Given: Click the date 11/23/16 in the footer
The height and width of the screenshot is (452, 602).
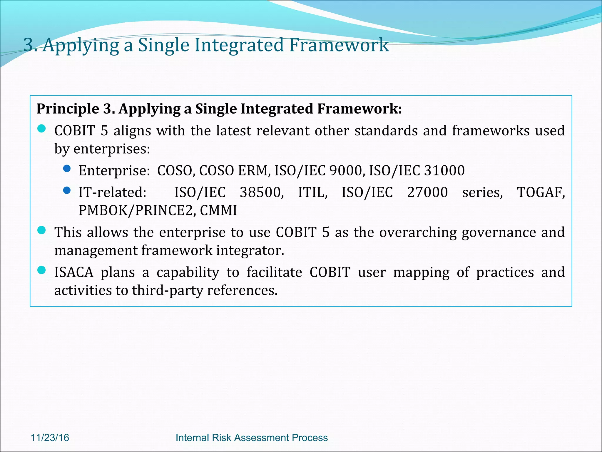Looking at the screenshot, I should pyautogui.click(x=50, y=438).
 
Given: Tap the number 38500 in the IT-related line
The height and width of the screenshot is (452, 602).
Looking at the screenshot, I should pyautogui.click(x=261, y=192).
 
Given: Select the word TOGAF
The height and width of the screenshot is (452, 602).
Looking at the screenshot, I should pyautogui.click(x=541, y=192).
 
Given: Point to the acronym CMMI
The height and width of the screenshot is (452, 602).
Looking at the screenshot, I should pyautogui.click(x=218, y=210).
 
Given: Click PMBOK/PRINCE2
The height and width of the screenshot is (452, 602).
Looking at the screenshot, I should pyautogui.click(x=136, y=210).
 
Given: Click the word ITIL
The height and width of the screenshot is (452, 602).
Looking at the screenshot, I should pyautogui.click(x=312, y=192).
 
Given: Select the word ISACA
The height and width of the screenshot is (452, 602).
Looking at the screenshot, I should pyautogui.click(x=74, y=272).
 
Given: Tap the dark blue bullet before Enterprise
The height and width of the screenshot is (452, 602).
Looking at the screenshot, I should pyautogui.click(x=67, y=169).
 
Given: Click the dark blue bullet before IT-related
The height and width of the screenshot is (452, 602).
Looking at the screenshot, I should pyautogui.click(x=67, y=191).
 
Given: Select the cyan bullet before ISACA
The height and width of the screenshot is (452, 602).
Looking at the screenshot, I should pyautogui.click(x=42, y=270).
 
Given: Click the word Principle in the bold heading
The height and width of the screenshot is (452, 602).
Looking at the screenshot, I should pyautogui.click(x=68, y=109).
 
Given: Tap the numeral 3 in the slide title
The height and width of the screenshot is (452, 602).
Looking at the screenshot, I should pyautogui.click(x=29, y=45).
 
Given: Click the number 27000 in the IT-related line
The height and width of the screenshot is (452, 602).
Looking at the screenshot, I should pyautogui.click(x=427, y=192).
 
